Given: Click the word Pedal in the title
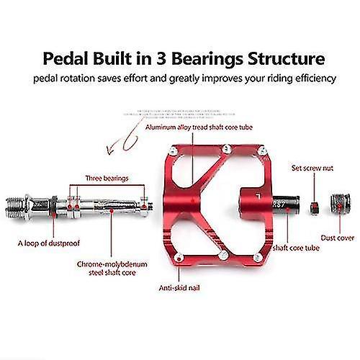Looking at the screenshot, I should point(66,58).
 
